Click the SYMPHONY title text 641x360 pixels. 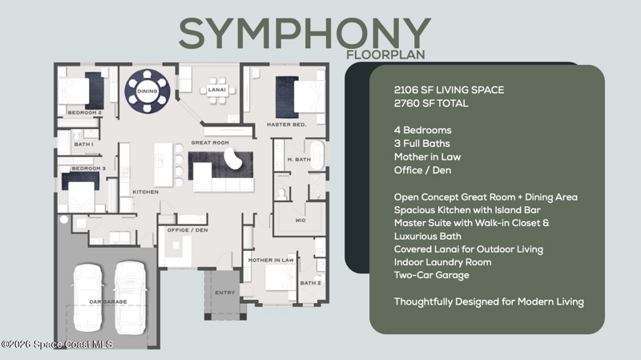tap(304, 34)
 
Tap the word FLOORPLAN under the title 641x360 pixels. tap(385, 55)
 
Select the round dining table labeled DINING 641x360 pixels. tap(147, 91)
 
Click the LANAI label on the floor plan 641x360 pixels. tap(216, 90)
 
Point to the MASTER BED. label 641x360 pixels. tap(286, 124)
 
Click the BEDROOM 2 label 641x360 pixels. tap(85, 112)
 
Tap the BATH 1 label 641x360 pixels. tap(83, 144)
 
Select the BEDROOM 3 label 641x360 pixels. tap(88, 168)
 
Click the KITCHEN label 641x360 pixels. tap(146, 192)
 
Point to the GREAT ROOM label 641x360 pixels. tap(210, 143)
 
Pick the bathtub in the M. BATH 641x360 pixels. tap(317, 155)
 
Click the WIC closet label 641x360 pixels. tap(300, 220)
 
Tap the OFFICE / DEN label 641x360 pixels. tap(187, 230)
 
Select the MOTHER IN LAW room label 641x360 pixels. tap(271, 260)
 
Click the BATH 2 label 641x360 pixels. tap(310, 283)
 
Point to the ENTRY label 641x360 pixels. tap(225, 293)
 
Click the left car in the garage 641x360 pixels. tap(87, 297)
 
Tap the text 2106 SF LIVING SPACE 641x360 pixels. tap(449, 90)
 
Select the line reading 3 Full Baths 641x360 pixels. tap(422, 144)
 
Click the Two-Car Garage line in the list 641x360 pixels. tap(431, 275)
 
